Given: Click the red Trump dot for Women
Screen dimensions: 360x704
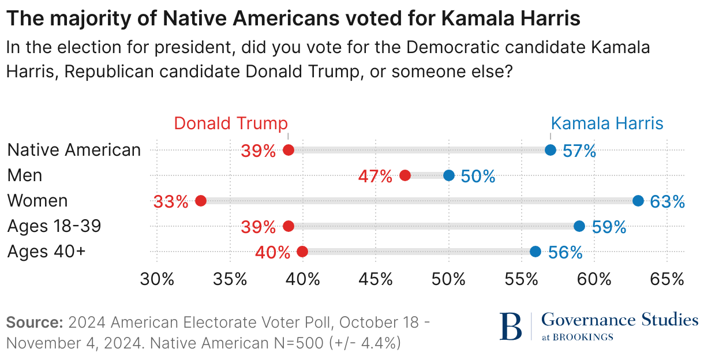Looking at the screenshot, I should [x=201, y=201].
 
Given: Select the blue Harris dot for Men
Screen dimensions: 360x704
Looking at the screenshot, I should [x=449, y=175].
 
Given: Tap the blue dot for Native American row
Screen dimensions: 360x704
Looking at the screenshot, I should [x=551, y=150].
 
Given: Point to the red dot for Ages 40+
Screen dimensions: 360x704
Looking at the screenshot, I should [x=302, y=252].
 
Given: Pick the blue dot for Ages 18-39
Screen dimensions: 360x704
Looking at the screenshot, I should [x=579, y=226].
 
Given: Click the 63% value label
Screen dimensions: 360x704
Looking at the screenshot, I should [x=668, y=201].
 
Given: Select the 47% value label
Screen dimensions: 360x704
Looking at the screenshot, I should [x=375, y=176].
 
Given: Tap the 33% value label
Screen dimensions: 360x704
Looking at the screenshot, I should [x=171, y=201].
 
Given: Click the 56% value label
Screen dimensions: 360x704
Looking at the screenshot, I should [x=565, y=252].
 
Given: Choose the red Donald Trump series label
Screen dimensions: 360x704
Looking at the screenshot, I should [x=231, y=123].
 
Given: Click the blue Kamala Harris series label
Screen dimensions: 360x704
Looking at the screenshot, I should [x=607, y=123].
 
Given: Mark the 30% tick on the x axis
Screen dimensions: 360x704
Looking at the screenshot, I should [x=157, y=279].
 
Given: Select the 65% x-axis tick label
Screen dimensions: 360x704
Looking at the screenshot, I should [x=667, y=279].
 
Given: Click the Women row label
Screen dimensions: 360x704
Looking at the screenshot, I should [x=38, y=201].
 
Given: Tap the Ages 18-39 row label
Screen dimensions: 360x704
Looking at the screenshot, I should [x=54, y=226].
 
